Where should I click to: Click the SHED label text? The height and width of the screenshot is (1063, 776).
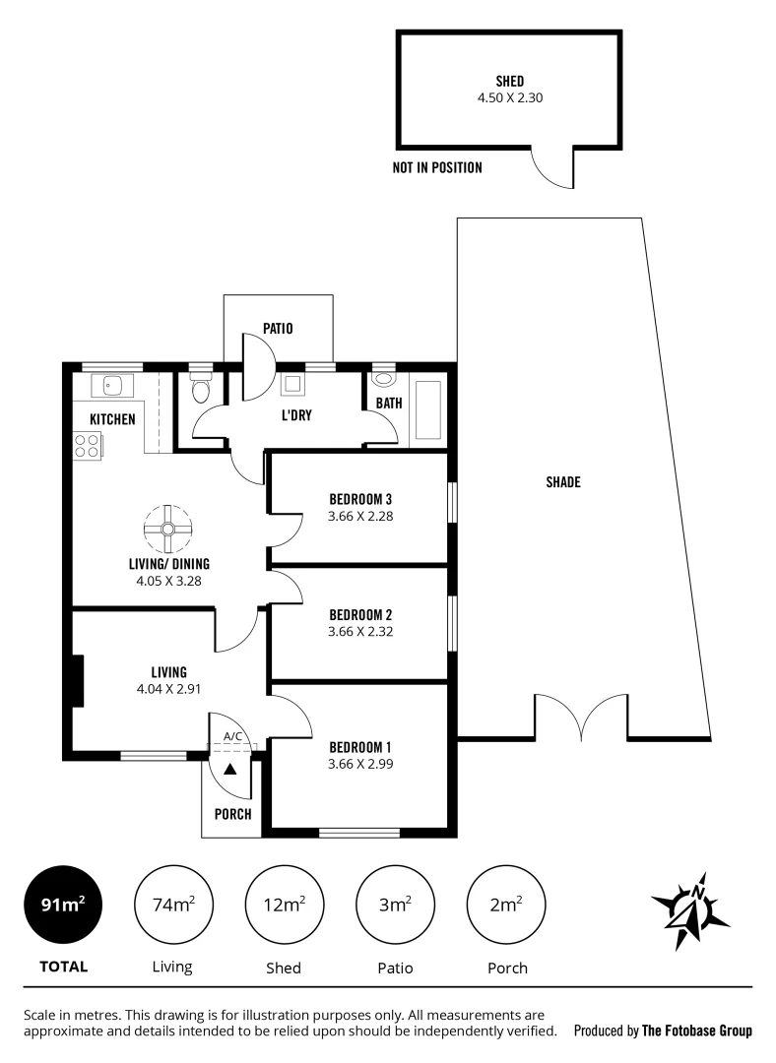click(509, 82)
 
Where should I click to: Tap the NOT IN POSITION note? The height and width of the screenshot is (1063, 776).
click(437, 167)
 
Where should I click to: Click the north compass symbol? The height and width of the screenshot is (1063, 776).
click(690, 909)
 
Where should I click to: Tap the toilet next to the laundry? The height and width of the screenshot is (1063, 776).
click(201, 389)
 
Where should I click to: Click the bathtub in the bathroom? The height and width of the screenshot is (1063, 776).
click(428, 408)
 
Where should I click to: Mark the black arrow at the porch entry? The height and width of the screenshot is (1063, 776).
click(230, 770)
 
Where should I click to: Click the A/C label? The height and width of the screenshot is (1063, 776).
click(232, 736)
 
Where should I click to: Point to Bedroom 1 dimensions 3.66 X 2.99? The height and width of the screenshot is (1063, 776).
click(360, 763)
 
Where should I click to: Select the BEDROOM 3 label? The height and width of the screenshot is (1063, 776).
click(360, 498)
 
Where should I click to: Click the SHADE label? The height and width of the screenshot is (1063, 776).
click(563, 482)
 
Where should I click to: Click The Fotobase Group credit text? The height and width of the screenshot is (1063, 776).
click(696, 1032)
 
